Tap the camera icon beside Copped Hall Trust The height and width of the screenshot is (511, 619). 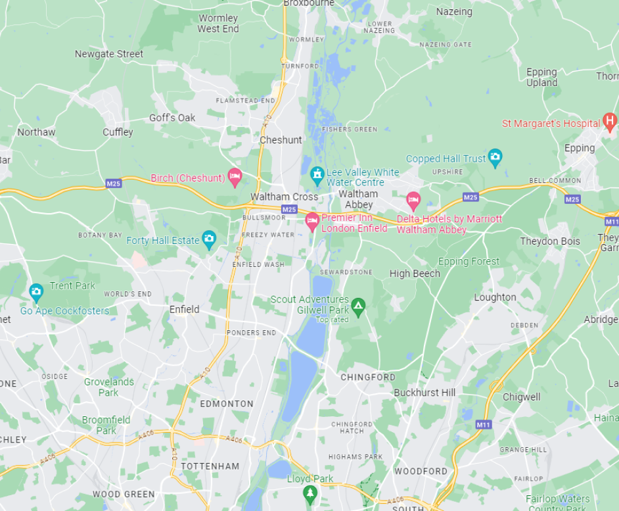point(495,157)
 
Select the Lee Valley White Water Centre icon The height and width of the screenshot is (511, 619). point(317,175)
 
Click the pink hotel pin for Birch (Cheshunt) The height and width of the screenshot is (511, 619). point(235,176)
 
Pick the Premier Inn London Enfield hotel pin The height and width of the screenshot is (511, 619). point(312,221)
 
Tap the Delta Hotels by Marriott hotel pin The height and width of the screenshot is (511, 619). point(413,200)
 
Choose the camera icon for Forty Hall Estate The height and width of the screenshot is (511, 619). point(209,239)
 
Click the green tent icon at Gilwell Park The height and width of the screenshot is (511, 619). point(358,306)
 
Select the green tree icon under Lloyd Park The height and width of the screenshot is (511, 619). point(310,493)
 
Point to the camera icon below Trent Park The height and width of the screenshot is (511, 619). point(36,290)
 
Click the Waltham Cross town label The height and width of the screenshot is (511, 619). point(284,197)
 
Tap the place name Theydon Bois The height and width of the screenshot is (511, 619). point(550,241)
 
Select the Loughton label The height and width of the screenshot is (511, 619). point(495,297)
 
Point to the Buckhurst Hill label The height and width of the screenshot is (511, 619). point(424,393)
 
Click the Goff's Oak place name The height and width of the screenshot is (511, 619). point(172,118)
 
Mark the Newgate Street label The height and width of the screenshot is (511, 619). point(109,54)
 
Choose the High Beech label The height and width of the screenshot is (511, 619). point(415,274)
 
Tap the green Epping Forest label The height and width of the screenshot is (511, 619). point(469,261)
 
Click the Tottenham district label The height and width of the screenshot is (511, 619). point(210,466)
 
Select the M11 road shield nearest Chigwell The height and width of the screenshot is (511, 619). point(483,425)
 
